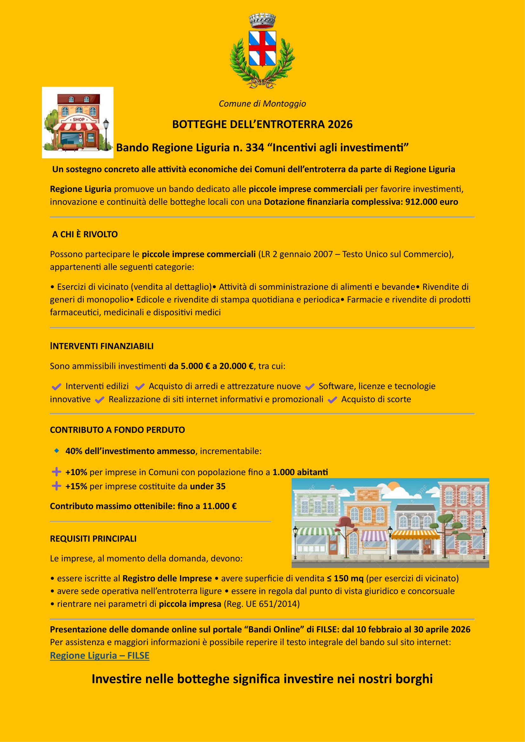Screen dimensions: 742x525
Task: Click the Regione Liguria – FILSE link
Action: click(x=100, y=655)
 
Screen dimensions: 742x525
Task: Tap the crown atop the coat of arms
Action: click(x=262, y=22)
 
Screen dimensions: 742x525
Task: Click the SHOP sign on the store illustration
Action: click(x=78, y=119)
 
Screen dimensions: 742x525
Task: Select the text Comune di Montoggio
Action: click(x=262, y=104)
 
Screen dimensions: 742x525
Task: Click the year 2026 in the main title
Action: click(x=340, y=124)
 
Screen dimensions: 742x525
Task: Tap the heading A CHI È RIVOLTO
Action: click(x=85, y=234)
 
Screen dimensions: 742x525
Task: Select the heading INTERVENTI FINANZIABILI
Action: click(x=102, y=346)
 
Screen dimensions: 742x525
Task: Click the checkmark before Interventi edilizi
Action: click(x=56, y=386)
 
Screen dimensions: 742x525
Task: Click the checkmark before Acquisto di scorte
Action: click(x=332, y=400)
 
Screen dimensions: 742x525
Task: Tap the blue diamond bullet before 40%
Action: click(x=57, y=451)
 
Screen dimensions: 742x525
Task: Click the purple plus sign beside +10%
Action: click(x=56, y=472)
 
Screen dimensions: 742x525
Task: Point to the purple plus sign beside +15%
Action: click(x=56, y=486)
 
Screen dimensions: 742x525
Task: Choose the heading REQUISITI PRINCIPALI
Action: click(x=93, y=539)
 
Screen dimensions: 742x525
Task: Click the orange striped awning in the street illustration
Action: click(x=415, y=535)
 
